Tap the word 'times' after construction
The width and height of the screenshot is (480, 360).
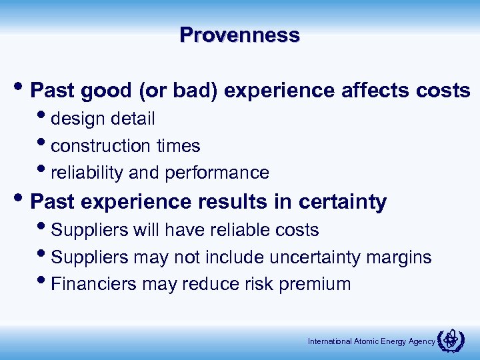[178, 146]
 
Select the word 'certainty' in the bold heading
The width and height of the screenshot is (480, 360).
[343, 202]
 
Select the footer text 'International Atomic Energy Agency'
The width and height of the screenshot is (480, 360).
[371, 341]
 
